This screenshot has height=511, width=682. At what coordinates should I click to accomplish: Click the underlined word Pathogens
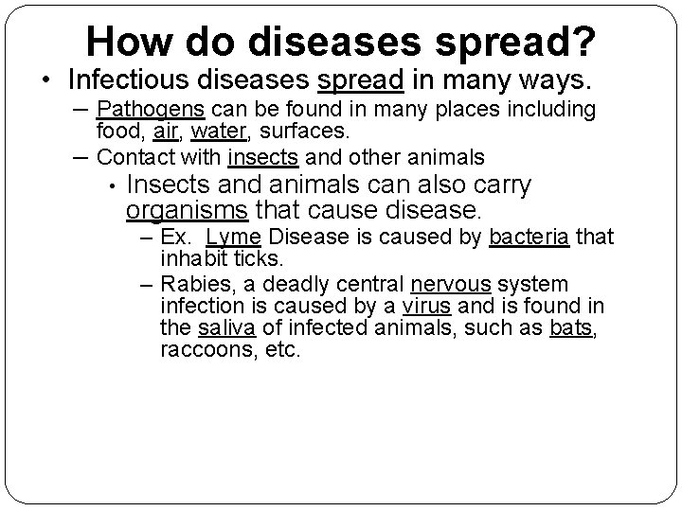[x=142, y=110]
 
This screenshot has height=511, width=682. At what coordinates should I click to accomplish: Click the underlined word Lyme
[x=227, y=237]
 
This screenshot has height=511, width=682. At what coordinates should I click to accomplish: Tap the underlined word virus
[x=425, y=307]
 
